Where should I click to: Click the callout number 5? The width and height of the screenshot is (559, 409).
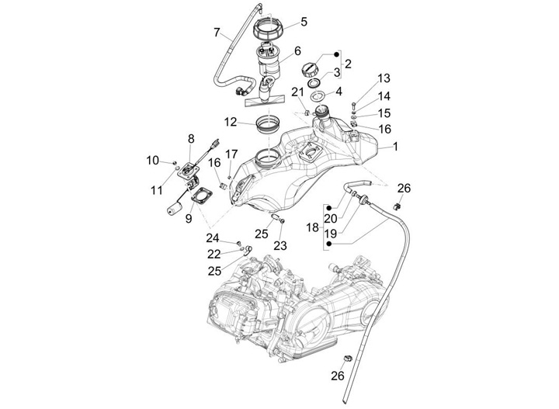click(304, 22)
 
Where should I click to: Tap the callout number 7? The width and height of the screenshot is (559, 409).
click(217, 32)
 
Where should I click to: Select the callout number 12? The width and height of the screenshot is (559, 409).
click(230, 122)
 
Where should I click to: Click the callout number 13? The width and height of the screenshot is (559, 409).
click(384, 78)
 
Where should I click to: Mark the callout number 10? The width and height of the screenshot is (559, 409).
click(153, 160)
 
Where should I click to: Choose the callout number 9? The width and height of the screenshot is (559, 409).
click(188, 220)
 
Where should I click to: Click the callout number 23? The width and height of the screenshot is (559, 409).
click(280, 244)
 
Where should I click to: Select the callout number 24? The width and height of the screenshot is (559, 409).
click(213, 237)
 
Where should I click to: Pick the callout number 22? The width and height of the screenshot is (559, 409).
click(213, 254)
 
